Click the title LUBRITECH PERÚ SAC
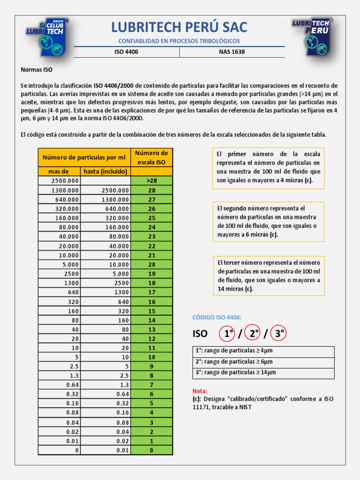tap(179, 27)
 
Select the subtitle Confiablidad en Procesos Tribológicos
tap(179, 41)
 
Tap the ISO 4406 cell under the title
tap(127, 52)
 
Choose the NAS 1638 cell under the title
tap(232, 52)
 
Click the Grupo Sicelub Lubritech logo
tap(47, 37)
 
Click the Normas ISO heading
tap(37, 69)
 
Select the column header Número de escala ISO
tap(151, 157)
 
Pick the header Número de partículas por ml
tap(84, 157)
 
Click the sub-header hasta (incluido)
tap(105, 172)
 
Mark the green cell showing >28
tap(151, 181)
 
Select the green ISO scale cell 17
tap(151, 292)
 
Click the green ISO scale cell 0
tap(151, 450)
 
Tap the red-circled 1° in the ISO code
tap(228, 334)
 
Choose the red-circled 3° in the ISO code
tap(279, 334)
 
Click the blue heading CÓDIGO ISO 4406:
tap(217, 317)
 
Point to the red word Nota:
tap(200, 391)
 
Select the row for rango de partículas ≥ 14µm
tap(263, 373)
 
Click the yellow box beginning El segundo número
tap(268, 221)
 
